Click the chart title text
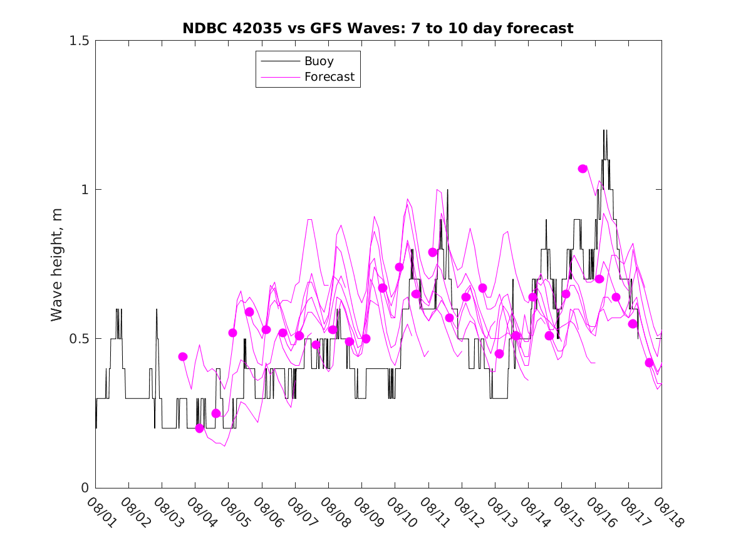point(378,29)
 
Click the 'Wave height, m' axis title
point(57,264)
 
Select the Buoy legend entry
point(319,61)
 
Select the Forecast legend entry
point(329,77)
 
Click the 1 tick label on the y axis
point(86,190)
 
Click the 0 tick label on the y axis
point(86,488)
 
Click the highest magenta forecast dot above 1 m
point(583,168)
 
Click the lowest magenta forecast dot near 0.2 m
point(200,428)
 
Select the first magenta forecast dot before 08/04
point(183,356)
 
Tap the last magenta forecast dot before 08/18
point(650,363)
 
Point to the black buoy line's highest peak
point(604,130)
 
